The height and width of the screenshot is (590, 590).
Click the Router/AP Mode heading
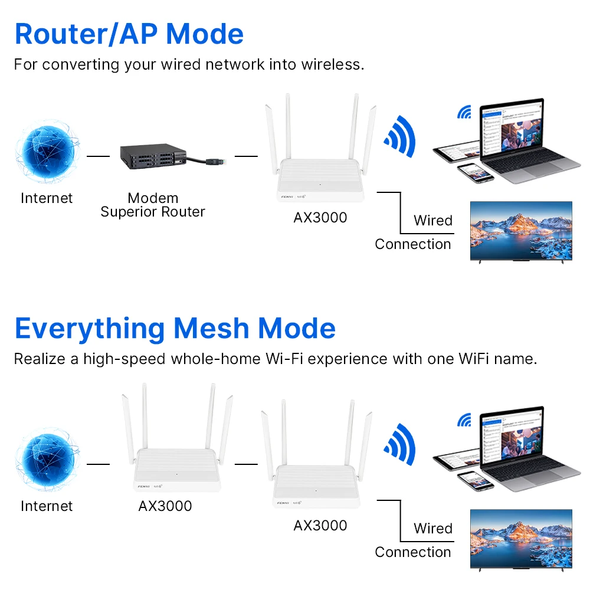click(x=129, y=34)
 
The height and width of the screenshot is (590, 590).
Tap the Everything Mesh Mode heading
click(x=175, y=328)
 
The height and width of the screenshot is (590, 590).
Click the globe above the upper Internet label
click(x=47, y=152)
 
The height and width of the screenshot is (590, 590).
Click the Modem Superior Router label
click(x=153, y=205)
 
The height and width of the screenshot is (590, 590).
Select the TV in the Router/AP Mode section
click(x=521, y=231)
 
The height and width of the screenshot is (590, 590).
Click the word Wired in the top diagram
click(x=433, y=221)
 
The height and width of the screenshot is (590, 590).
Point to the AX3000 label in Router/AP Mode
click(x=320, y=218)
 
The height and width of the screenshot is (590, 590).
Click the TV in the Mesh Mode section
click(x=521, y=539)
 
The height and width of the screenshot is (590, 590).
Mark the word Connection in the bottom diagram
click(x=412, y=552)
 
